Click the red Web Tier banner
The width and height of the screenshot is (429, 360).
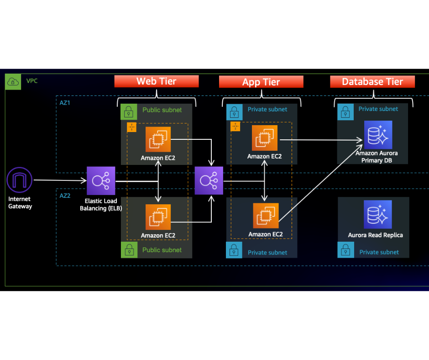157,81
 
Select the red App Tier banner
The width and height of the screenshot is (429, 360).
261,82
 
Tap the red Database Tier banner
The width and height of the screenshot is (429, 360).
372,82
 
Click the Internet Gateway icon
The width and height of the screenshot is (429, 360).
20,180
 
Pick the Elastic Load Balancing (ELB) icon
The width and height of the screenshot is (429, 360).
101,181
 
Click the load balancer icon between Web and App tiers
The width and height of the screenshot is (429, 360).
209,181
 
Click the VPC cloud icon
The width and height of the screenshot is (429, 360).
13,82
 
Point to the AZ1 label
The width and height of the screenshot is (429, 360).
65,103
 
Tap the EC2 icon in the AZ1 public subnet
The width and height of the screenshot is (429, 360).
158,139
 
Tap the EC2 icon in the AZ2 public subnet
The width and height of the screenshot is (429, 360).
158,217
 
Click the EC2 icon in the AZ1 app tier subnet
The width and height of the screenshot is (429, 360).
264,138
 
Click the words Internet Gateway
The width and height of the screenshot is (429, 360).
20,203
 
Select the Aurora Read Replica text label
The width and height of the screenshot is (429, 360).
375,235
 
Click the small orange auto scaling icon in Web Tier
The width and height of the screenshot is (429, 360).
131,128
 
